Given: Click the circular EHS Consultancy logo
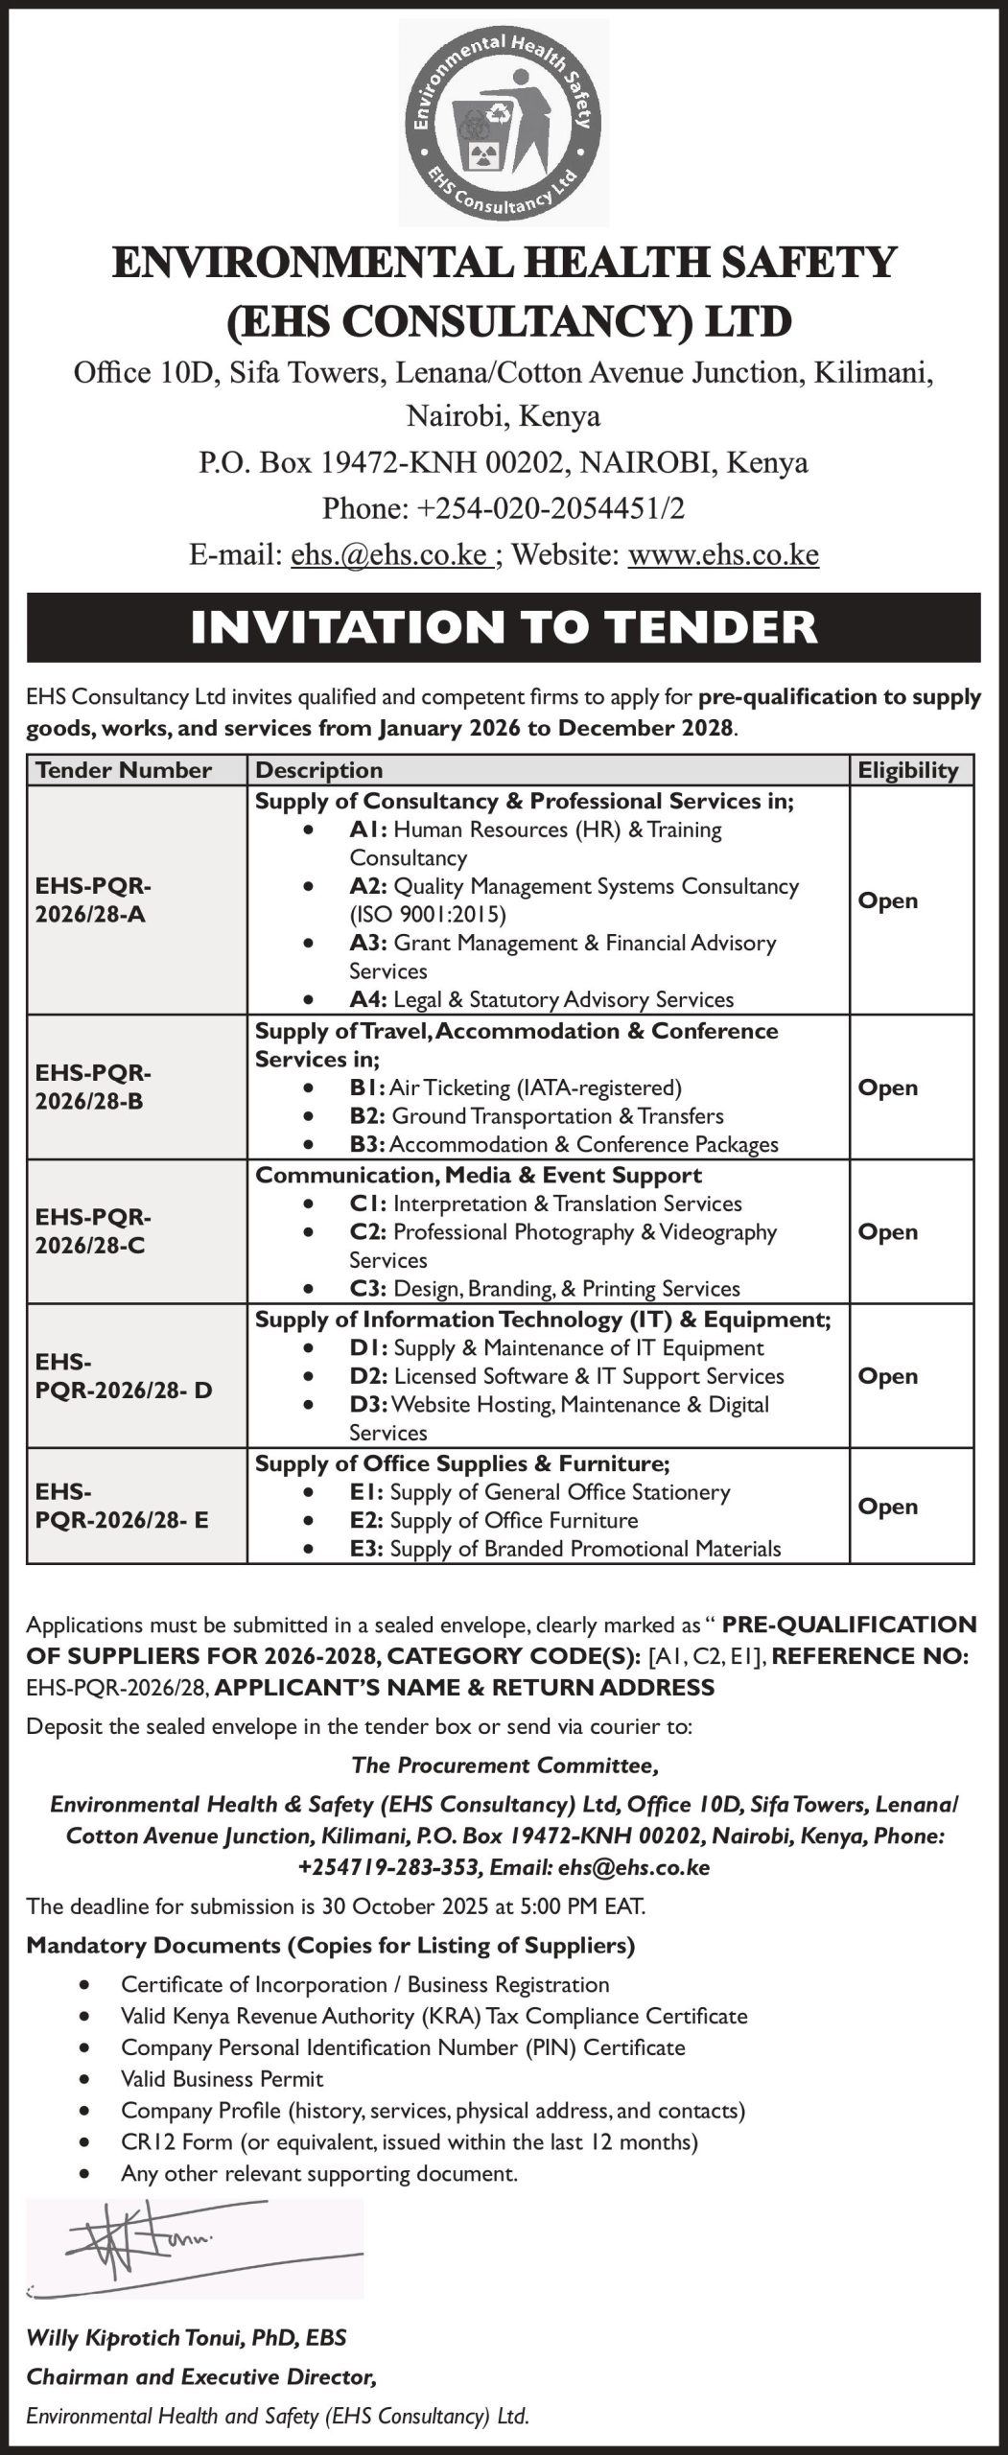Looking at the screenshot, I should (504, 122).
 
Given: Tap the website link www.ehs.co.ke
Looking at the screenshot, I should (723, 554).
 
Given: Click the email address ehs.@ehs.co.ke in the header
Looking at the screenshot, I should (391, 554).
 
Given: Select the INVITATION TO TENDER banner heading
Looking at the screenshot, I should (504, 627).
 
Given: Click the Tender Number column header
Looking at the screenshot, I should (124, 770).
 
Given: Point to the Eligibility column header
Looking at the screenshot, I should (907, 770).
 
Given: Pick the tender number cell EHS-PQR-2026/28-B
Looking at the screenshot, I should (93, 1087).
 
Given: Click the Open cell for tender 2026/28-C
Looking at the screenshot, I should (887, 1231).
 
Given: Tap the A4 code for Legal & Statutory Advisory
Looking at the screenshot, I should (368, 999).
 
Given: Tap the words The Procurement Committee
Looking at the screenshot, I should (504, 1765).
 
